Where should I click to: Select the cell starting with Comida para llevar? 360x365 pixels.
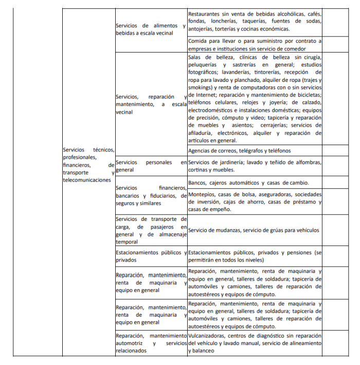click(255, 44)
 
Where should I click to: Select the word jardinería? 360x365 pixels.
click(230, 163)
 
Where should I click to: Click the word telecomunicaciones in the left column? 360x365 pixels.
click(86, 180)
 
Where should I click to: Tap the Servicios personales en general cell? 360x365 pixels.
click(151, 166)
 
